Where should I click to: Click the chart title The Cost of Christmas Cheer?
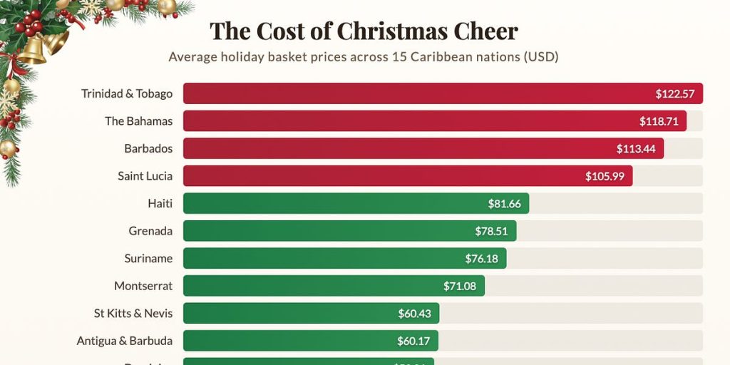coord(364,31)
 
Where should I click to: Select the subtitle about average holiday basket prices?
coord(364,57)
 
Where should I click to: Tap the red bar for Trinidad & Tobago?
coord(413,93)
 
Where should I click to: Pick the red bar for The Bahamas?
coord(406,121)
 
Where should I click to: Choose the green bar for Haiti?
coord(335,204)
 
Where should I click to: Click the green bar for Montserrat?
coord(314,286)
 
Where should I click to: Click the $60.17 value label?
coord(413,341)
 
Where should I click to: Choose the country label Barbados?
coord(148,148)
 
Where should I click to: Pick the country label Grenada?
coord(150,231)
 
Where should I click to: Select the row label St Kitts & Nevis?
coord(133,313)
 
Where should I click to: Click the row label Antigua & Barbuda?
coord(125,341)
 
